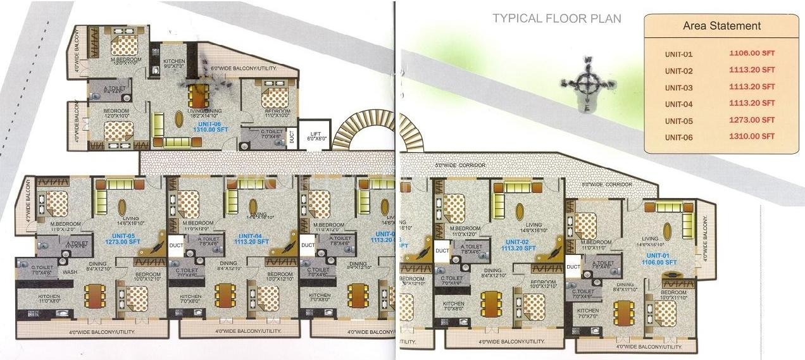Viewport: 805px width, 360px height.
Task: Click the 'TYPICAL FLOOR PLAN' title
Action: tap(557, 18)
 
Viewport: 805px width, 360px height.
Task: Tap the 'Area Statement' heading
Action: tap(721, 26)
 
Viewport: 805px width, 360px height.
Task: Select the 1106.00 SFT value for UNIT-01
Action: tap(752, 54)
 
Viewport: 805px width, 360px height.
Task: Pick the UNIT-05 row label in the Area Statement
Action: tap(679, 120)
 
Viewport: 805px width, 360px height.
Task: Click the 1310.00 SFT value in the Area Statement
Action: tap(752, 136)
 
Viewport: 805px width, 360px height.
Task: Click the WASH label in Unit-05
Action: tap(69, 272)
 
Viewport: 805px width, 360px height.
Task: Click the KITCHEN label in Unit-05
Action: tap(48, 297)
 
